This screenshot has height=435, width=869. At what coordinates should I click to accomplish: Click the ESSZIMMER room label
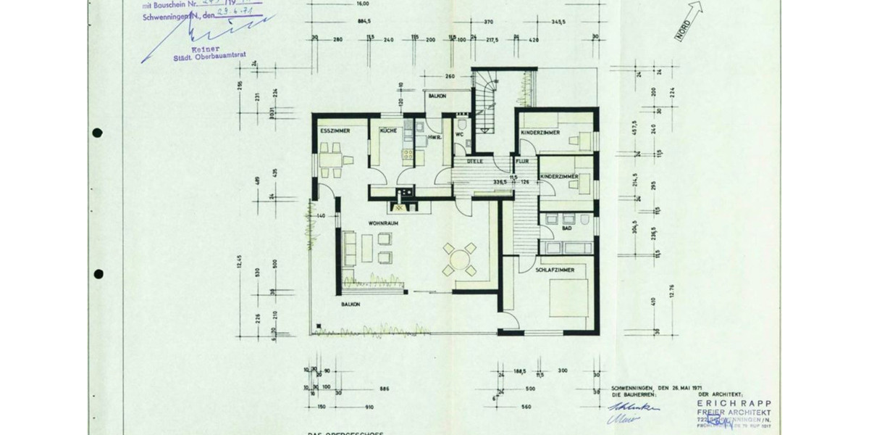[335, 131]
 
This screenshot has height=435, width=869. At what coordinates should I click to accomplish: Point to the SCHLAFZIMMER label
[555, 270]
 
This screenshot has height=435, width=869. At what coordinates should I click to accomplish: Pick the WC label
[459, 135]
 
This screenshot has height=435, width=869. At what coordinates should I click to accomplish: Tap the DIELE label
[475, 162]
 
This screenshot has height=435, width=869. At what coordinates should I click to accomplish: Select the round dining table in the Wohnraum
[459, 259]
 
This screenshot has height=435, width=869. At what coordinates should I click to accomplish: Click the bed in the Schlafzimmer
[568, 297]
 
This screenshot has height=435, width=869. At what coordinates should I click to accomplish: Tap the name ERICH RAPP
[734, 403]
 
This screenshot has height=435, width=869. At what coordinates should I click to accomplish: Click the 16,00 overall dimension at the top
[362, 3]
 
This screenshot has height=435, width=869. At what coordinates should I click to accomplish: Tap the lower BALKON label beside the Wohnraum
[350, 304]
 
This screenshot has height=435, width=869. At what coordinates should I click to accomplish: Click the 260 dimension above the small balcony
[450, 76]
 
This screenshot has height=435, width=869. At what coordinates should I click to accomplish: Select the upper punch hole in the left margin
[98, 133]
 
